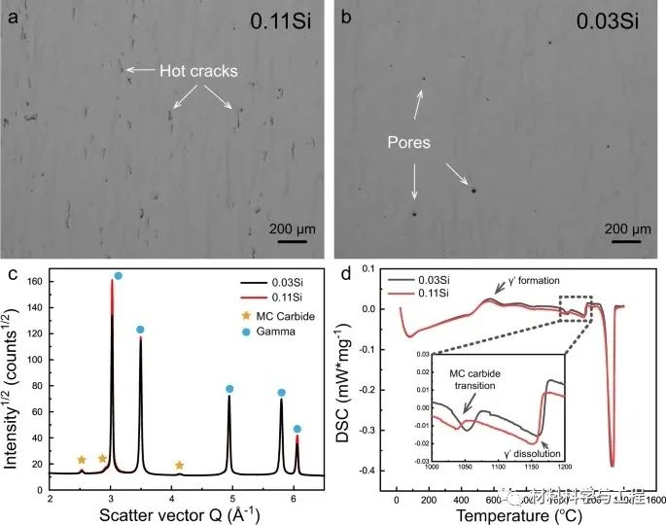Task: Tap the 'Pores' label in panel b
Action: [x=404, y=143]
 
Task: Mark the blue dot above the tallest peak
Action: [x=119, y=277]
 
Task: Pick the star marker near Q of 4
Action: [x=180, y=466]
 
